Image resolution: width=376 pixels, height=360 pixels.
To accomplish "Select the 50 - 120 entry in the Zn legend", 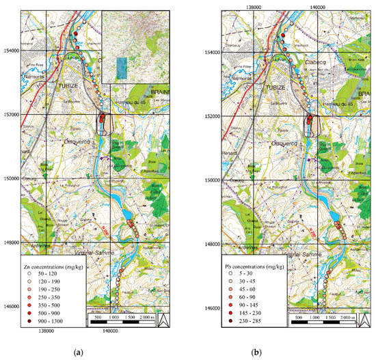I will [x=55, y=265].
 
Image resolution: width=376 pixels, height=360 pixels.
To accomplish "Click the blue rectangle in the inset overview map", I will [x=122, y=68].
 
